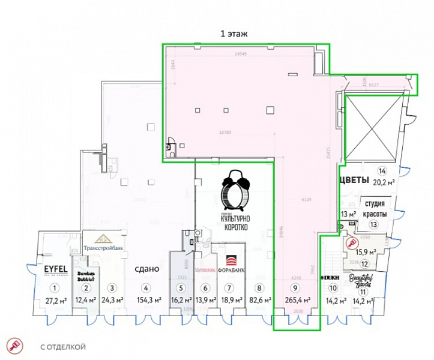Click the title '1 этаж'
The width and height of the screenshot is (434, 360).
(x=234, y=34)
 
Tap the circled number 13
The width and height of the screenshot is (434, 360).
(x=373, y=224)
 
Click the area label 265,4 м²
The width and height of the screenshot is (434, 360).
(x=298, y=300)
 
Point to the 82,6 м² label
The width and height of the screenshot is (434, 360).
(x=259, y=300)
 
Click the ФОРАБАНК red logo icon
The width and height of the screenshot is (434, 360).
(x=231, y=260)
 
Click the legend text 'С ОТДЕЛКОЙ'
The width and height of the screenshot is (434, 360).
(x=63, y=347)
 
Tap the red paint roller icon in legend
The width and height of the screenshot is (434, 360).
(x=13, y=346)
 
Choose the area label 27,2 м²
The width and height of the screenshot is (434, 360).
(x=55, y=300)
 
